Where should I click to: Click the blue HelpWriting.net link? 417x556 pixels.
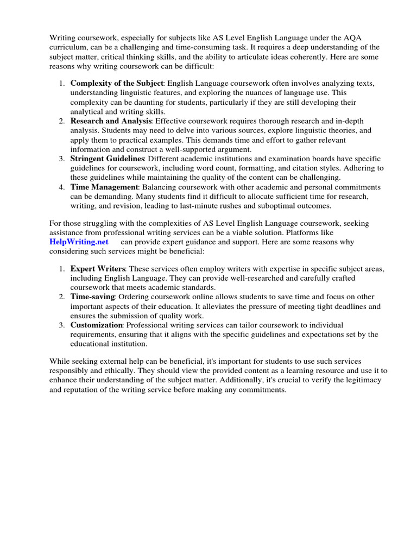pos(79,242)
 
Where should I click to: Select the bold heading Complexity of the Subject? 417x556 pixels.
pos(116,83)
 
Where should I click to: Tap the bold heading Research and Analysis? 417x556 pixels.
pos(111,120)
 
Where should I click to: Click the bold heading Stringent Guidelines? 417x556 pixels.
pos(107,158)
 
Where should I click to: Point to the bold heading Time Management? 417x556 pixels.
pos(104,187)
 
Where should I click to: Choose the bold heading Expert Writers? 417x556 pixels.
pos(98,269)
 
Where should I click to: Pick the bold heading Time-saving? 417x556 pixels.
pos(92,297)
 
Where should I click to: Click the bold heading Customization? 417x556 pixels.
pos(96,325)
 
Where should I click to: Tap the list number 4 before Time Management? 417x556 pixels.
pos(61,187)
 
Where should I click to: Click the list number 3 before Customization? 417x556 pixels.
pos(61,325)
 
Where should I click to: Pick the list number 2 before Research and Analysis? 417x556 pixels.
pos(61,120)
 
